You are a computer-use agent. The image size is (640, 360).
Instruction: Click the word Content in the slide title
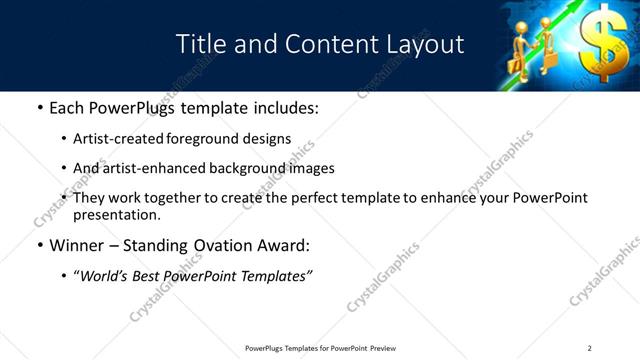click(321, 44)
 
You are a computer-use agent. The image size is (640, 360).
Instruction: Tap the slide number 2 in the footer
click(590, 348)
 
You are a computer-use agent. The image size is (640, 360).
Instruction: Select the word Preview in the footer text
click(383, 348)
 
